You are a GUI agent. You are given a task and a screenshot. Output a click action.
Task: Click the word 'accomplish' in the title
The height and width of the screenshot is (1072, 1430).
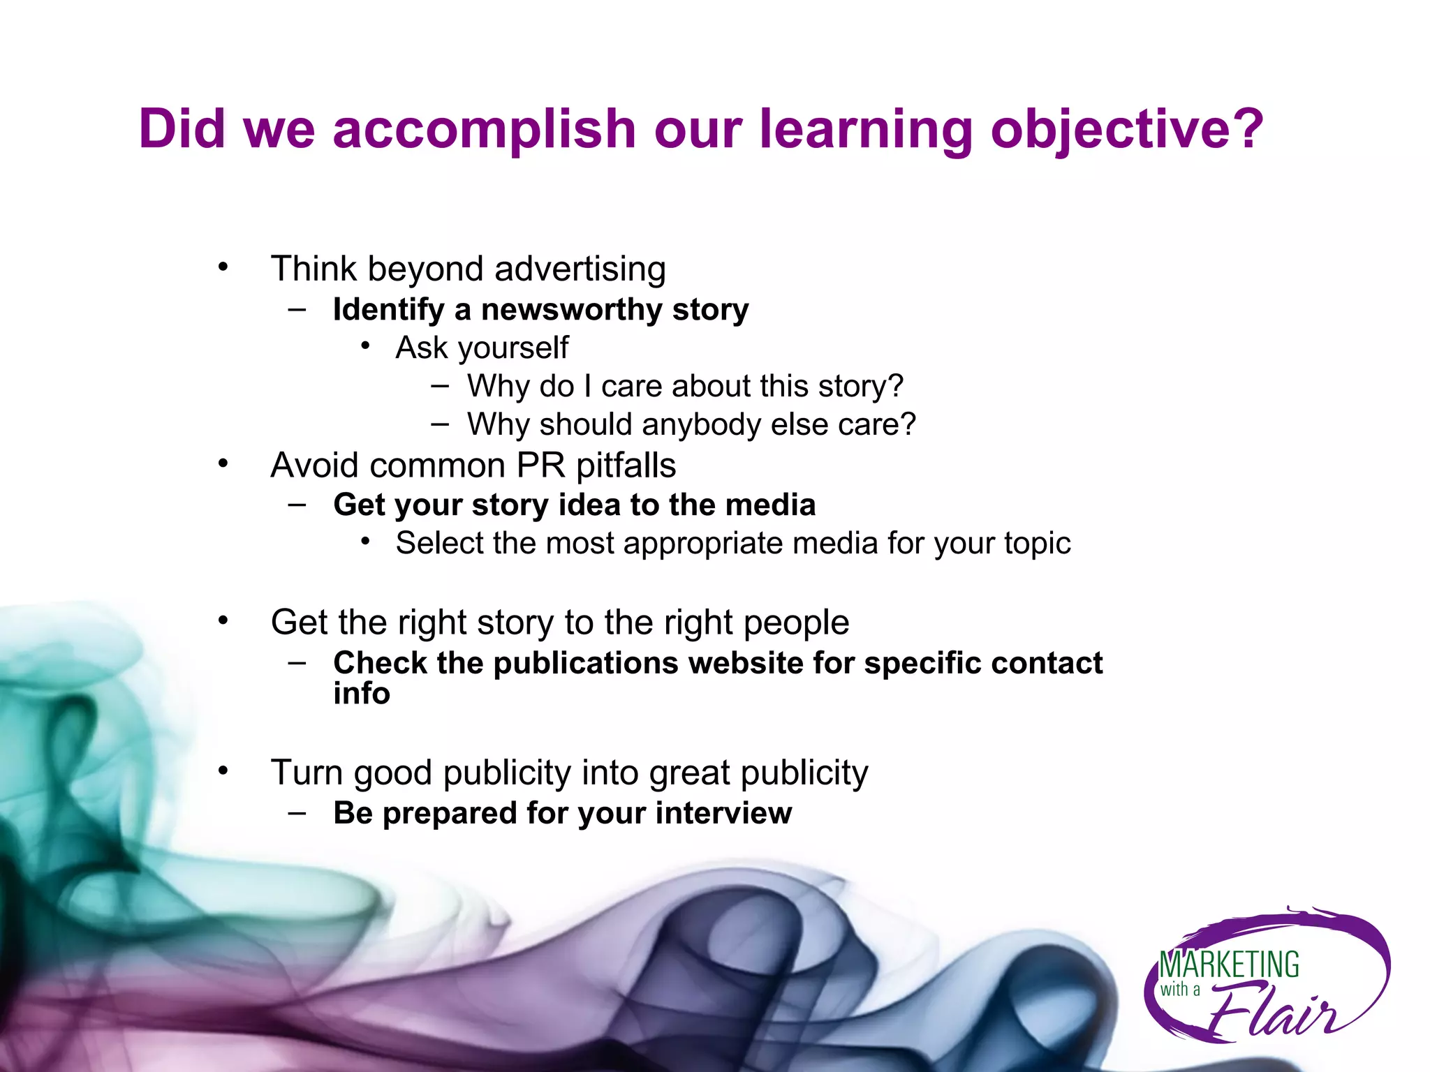point(483,131)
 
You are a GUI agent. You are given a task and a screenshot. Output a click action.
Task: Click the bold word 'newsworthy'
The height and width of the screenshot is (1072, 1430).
point(571,310)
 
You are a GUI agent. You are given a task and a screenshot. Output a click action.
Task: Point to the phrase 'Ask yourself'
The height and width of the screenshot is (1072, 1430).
point(482,348)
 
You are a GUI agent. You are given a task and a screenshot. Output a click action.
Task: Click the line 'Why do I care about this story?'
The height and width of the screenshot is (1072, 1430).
point(685,386)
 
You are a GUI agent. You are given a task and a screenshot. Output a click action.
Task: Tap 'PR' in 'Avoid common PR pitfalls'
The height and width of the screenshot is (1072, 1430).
point(540,466)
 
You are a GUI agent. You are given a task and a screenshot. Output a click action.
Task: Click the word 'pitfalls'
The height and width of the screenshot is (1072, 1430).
point(626,466)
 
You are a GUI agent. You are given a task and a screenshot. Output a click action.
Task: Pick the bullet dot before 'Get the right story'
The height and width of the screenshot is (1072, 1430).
point(223,620)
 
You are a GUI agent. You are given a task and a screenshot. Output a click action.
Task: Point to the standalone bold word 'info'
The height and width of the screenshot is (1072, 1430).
point(361,694)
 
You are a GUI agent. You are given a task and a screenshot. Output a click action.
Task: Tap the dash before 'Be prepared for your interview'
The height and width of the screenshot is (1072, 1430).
point(297,812)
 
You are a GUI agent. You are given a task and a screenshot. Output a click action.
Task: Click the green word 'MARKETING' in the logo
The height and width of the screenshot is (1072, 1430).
point(1229,965)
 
